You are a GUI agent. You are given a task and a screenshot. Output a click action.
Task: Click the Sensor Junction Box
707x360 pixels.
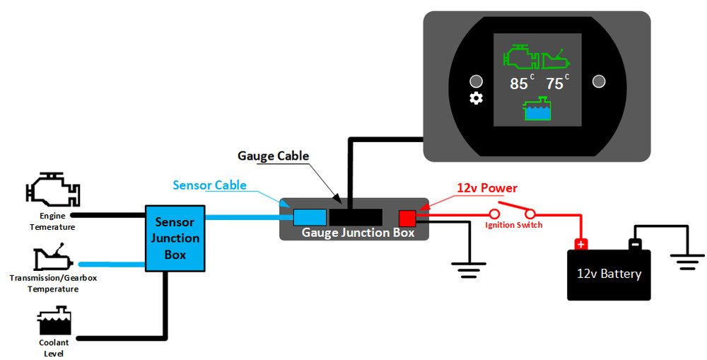click(x=175, y=238)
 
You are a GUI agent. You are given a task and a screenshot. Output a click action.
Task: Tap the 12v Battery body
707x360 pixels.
click(x=609, y=274)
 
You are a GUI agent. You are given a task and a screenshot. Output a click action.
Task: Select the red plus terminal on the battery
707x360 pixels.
click(x=581, y=244)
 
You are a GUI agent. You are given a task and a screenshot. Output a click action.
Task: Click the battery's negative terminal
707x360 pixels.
click(x=635, y=244)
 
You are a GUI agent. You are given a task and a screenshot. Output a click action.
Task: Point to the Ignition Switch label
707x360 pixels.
click(x=513, y=225)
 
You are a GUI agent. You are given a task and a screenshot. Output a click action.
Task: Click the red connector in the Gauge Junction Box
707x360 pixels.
click(x=407, y=219)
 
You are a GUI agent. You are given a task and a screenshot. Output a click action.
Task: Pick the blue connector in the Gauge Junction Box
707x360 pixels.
click(x=310, y=217)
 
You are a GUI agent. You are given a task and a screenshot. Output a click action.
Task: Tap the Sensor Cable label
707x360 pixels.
click(x=210, y=185)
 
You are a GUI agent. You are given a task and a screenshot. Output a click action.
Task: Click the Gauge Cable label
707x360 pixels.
click(x=273, y=156)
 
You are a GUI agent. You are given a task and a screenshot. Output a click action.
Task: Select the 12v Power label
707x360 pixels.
click(x=487, y=187)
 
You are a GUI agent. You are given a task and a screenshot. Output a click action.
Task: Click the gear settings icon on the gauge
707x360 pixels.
click(x=476, y=98)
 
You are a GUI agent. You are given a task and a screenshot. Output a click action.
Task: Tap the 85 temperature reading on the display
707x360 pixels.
click(x=518, y=83)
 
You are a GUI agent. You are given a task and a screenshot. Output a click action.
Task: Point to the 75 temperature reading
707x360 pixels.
click(x=554, y=83)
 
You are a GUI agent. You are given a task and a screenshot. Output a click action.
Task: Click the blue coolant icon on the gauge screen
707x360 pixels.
click(x=537, y=109)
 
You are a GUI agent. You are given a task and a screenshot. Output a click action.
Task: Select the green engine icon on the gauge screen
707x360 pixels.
click(x=521, y=57)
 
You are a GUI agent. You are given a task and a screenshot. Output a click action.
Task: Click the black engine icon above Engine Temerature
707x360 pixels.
click(x=53, y=190)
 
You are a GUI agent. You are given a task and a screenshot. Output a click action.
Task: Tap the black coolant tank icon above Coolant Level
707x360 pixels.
click(x=54, y=320)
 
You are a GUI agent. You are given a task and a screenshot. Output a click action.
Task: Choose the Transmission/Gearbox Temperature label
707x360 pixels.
click(x=53, y=284)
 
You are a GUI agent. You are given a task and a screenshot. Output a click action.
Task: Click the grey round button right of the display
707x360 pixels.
click(x=599, y=81)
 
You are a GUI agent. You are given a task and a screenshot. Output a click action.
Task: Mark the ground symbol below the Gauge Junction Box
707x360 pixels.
click(x=469, y=269)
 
